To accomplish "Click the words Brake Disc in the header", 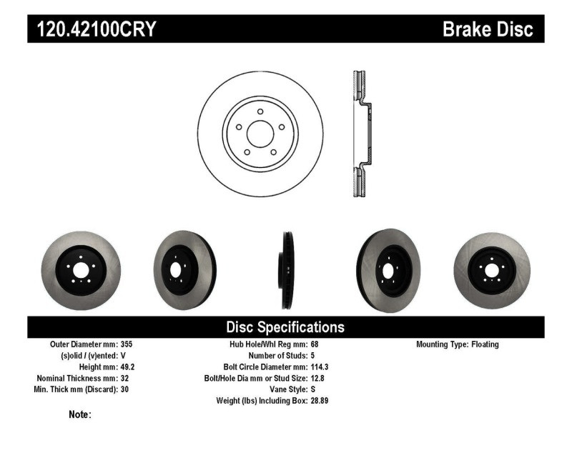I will pos(488,29).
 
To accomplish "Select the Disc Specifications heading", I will pos(285,327).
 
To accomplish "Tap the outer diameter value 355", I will pos(126,344).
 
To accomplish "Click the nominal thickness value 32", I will pos(124,379).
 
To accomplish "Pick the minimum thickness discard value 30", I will pos(124,390).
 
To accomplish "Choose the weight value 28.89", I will pos(319,402).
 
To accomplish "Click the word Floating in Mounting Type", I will pos(485,344).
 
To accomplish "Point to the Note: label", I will pos(80,414).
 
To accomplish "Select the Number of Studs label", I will pos(277,356).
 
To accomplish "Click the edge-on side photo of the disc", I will pos(286,269).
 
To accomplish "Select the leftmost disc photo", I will pos(81,270).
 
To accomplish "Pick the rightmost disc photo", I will pos(492,270).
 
